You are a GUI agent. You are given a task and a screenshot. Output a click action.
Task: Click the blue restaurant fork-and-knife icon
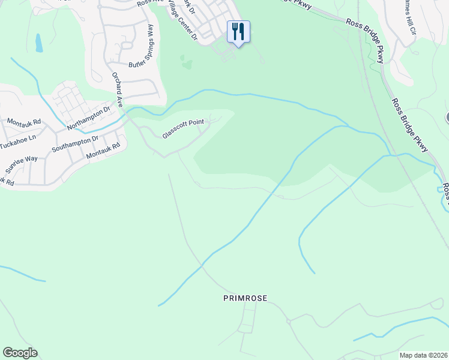(x=238, y=31)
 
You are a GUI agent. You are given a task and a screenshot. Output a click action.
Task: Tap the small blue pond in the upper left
(x=39, y=43)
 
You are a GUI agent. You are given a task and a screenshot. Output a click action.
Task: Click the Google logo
(x=20, y=353)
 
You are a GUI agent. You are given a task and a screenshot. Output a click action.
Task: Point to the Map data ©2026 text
(x=423, y=355)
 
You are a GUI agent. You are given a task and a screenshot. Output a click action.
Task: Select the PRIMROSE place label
(x=245, y=298)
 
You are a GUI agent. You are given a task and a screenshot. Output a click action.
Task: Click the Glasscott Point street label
(x=184, y=129)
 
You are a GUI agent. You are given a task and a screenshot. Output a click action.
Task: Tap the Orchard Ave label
(x=117, y=90)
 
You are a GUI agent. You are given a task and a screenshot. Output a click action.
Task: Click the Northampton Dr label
(x=89, y=118)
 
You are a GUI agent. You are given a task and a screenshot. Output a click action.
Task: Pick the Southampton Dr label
(x=75, y=144)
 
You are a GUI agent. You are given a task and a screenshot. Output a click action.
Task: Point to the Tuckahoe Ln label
(x=18, y=137)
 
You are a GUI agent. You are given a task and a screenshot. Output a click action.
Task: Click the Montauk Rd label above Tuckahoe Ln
(x=25, y=121)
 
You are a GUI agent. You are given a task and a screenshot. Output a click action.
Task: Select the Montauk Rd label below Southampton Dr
(x=103, y=150)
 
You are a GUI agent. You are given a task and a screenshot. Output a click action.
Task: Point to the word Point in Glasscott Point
(x=196, y=124)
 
